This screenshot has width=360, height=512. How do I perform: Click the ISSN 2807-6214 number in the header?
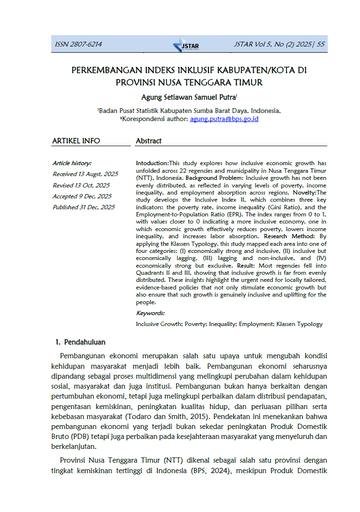[78, 45]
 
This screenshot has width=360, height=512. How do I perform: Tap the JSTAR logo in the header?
[186, 45]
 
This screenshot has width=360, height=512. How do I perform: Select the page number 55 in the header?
[321, 45]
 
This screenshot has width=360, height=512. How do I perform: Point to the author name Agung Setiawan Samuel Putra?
[188, 97]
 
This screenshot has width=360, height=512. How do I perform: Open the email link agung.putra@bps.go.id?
[224, 119]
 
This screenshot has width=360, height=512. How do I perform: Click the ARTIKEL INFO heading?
[76, 141]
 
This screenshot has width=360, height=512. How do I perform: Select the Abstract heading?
[148, 141]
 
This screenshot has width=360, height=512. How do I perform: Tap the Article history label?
[72, 163]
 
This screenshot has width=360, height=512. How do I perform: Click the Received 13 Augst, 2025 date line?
[85, 174]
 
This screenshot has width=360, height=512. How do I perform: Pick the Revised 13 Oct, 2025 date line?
[81, 185]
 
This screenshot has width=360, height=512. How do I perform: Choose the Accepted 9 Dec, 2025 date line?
[82, 196]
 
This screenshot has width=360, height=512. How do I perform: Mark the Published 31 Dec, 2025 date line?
[83, 207]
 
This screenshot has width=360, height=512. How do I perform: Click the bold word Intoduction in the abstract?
[152, 163]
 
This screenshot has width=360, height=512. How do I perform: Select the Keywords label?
[150, 313]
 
